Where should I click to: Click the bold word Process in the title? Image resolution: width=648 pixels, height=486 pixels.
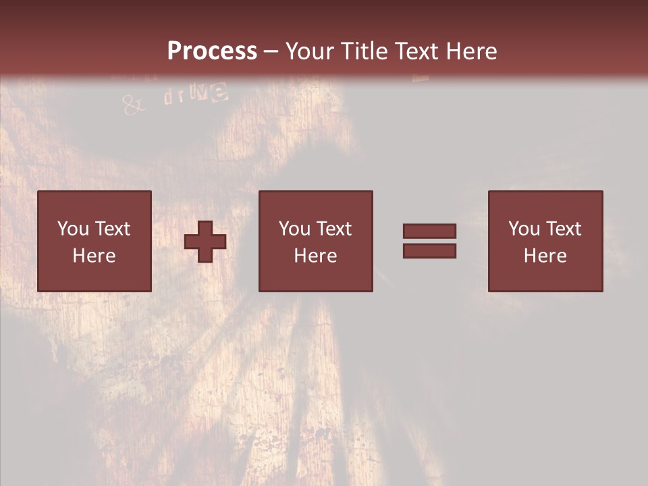tap(212, 51)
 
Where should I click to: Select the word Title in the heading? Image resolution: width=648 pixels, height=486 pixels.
tap(366, 51)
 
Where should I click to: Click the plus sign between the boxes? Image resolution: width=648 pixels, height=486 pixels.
tap(205, 242)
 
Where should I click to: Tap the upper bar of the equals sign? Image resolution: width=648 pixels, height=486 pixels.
tap(429, 231)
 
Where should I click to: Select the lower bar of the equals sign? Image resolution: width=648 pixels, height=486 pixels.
tap(429, 250)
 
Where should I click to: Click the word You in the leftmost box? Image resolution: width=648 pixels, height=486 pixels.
tap(73, 229)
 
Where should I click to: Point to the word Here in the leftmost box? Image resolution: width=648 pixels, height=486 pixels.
tap(94, 256)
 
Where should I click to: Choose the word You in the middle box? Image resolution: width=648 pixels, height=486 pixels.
tap(294, 229)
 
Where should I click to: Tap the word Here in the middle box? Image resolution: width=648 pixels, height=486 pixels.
tap(315, 256)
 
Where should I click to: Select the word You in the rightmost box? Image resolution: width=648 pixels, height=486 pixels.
tap(524, 229)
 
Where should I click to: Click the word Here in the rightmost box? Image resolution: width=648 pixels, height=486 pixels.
tap(545, 256)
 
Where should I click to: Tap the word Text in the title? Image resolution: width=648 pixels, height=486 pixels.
tap(416, 51)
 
